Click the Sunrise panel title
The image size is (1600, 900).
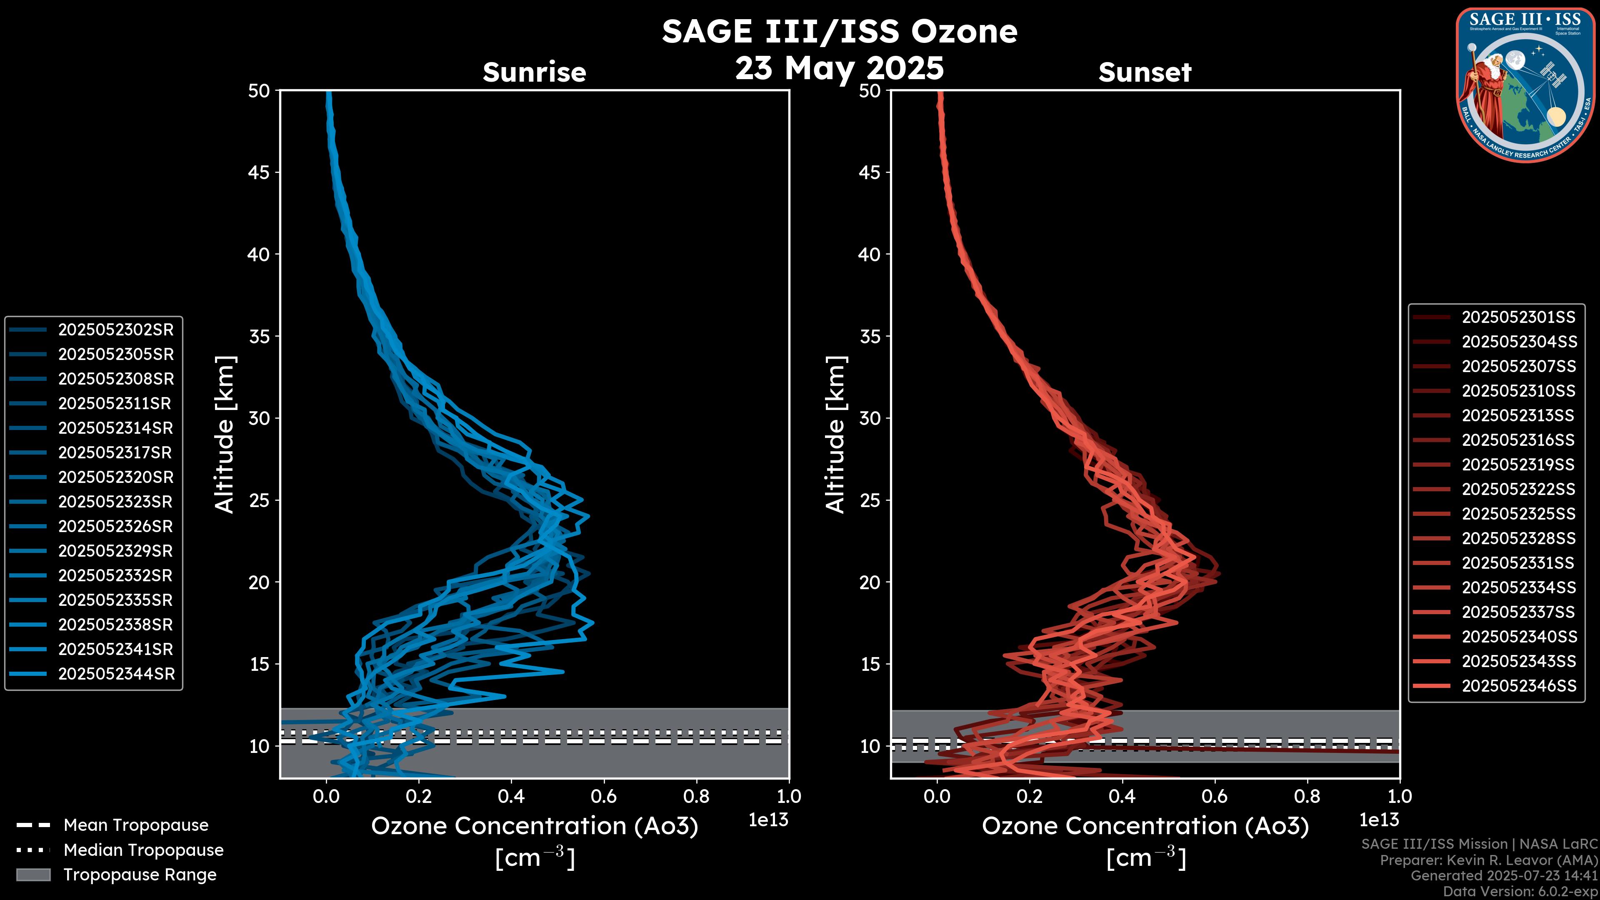pos(534,72)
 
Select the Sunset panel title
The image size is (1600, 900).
pos(1145,72)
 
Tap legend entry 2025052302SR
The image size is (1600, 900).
pos(115,330)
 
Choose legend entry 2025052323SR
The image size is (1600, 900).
pos(115,502)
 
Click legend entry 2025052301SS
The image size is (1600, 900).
pos(1518,317)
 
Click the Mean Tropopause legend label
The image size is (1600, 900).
pos(136,825)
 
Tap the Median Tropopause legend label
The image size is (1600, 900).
pos(143,850)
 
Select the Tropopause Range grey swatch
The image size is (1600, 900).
pos(33,875)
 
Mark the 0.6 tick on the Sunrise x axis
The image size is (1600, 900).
pos(603,796)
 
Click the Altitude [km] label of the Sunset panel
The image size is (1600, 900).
pos(835,435)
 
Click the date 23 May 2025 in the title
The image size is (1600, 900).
pos(839,68)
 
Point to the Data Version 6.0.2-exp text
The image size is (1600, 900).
pos(1520,892)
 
